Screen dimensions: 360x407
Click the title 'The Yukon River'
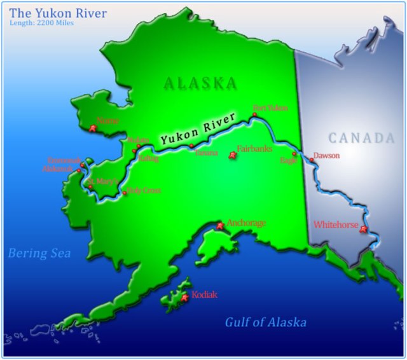point(58,13)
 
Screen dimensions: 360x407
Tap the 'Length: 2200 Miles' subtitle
point(42,24)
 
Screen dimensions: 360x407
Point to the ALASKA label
point(200,83)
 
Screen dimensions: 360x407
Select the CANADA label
point(361,138)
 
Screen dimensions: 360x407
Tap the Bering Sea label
point(39,254)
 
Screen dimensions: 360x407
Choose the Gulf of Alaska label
point(266,322)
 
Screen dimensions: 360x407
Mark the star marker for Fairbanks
point(231,155)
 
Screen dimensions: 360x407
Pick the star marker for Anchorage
point(221,226)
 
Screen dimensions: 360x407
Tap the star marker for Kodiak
point(185,297)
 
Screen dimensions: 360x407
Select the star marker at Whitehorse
point(364,230)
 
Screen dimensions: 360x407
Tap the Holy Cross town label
point(144,190)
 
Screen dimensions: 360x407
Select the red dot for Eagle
point(294,153)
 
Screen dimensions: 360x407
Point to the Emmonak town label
point(65,161)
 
